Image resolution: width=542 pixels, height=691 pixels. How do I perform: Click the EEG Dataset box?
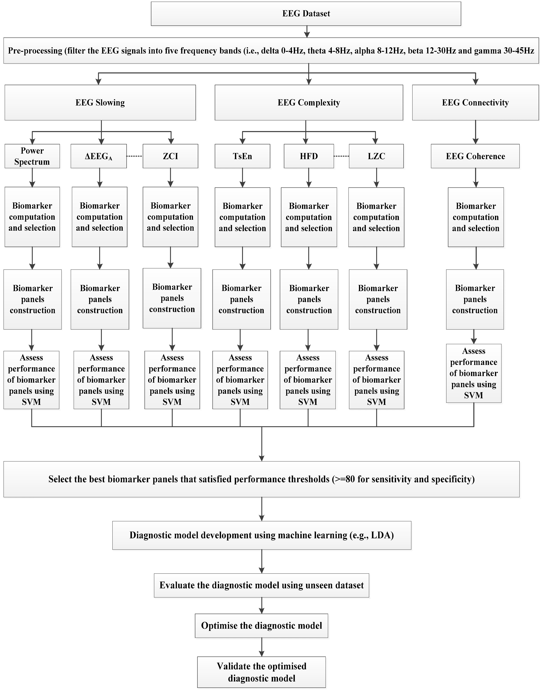pos(306,14)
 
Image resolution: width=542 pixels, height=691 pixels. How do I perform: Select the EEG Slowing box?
pos(100,103)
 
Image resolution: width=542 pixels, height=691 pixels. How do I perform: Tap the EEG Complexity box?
pos(309,103)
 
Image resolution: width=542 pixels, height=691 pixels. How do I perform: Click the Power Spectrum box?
pos(32,156)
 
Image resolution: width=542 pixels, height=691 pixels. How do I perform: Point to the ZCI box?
pos(170,156)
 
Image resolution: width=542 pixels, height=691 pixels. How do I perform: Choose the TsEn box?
pos(243,156)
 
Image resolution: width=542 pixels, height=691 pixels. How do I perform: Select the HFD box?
pos(309,156)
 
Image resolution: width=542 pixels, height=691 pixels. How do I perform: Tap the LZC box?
pos(376,156)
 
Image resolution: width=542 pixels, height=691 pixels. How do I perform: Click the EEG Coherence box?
pos(475,156)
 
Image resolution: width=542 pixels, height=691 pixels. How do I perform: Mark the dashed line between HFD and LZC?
pos(341,156)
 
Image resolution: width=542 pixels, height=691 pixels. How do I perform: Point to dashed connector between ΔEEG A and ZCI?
pos(135,156)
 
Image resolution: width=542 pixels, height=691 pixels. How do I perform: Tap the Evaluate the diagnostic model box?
pos(262,585)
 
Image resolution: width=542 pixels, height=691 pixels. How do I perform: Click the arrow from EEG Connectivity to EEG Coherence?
pos(475,132)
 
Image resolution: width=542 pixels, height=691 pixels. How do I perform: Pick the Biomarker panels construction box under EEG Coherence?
pos(475,299)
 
